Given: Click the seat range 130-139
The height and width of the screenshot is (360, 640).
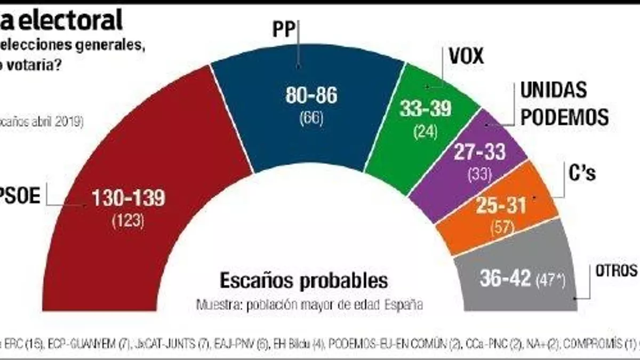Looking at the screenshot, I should (129, 198).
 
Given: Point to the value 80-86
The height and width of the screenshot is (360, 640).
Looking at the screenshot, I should (311, 95).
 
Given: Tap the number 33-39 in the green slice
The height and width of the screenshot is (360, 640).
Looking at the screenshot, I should (426, 108).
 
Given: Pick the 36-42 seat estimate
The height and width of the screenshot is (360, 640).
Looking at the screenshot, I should (506, 278).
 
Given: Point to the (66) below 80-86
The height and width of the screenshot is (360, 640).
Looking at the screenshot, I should (311, 117).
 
